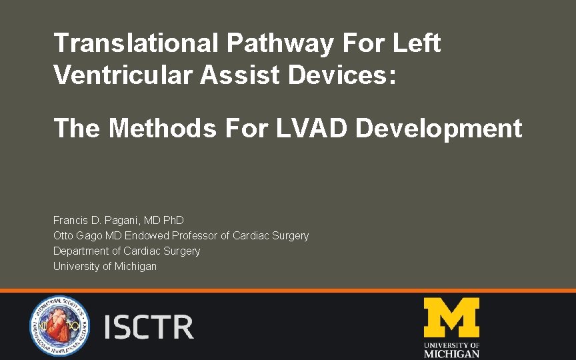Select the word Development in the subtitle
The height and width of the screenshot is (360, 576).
(x=439, y=128)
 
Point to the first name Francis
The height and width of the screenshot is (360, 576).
(x=70, y=220)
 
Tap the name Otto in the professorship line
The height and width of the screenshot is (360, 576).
(x=63, y=235)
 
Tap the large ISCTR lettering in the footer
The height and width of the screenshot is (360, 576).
(x=149, y=327)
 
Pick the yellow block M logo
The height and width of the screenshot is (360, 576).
(x=451, y=318)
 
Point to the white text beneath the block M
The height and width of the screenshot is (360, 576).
(x=451, y=350)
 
